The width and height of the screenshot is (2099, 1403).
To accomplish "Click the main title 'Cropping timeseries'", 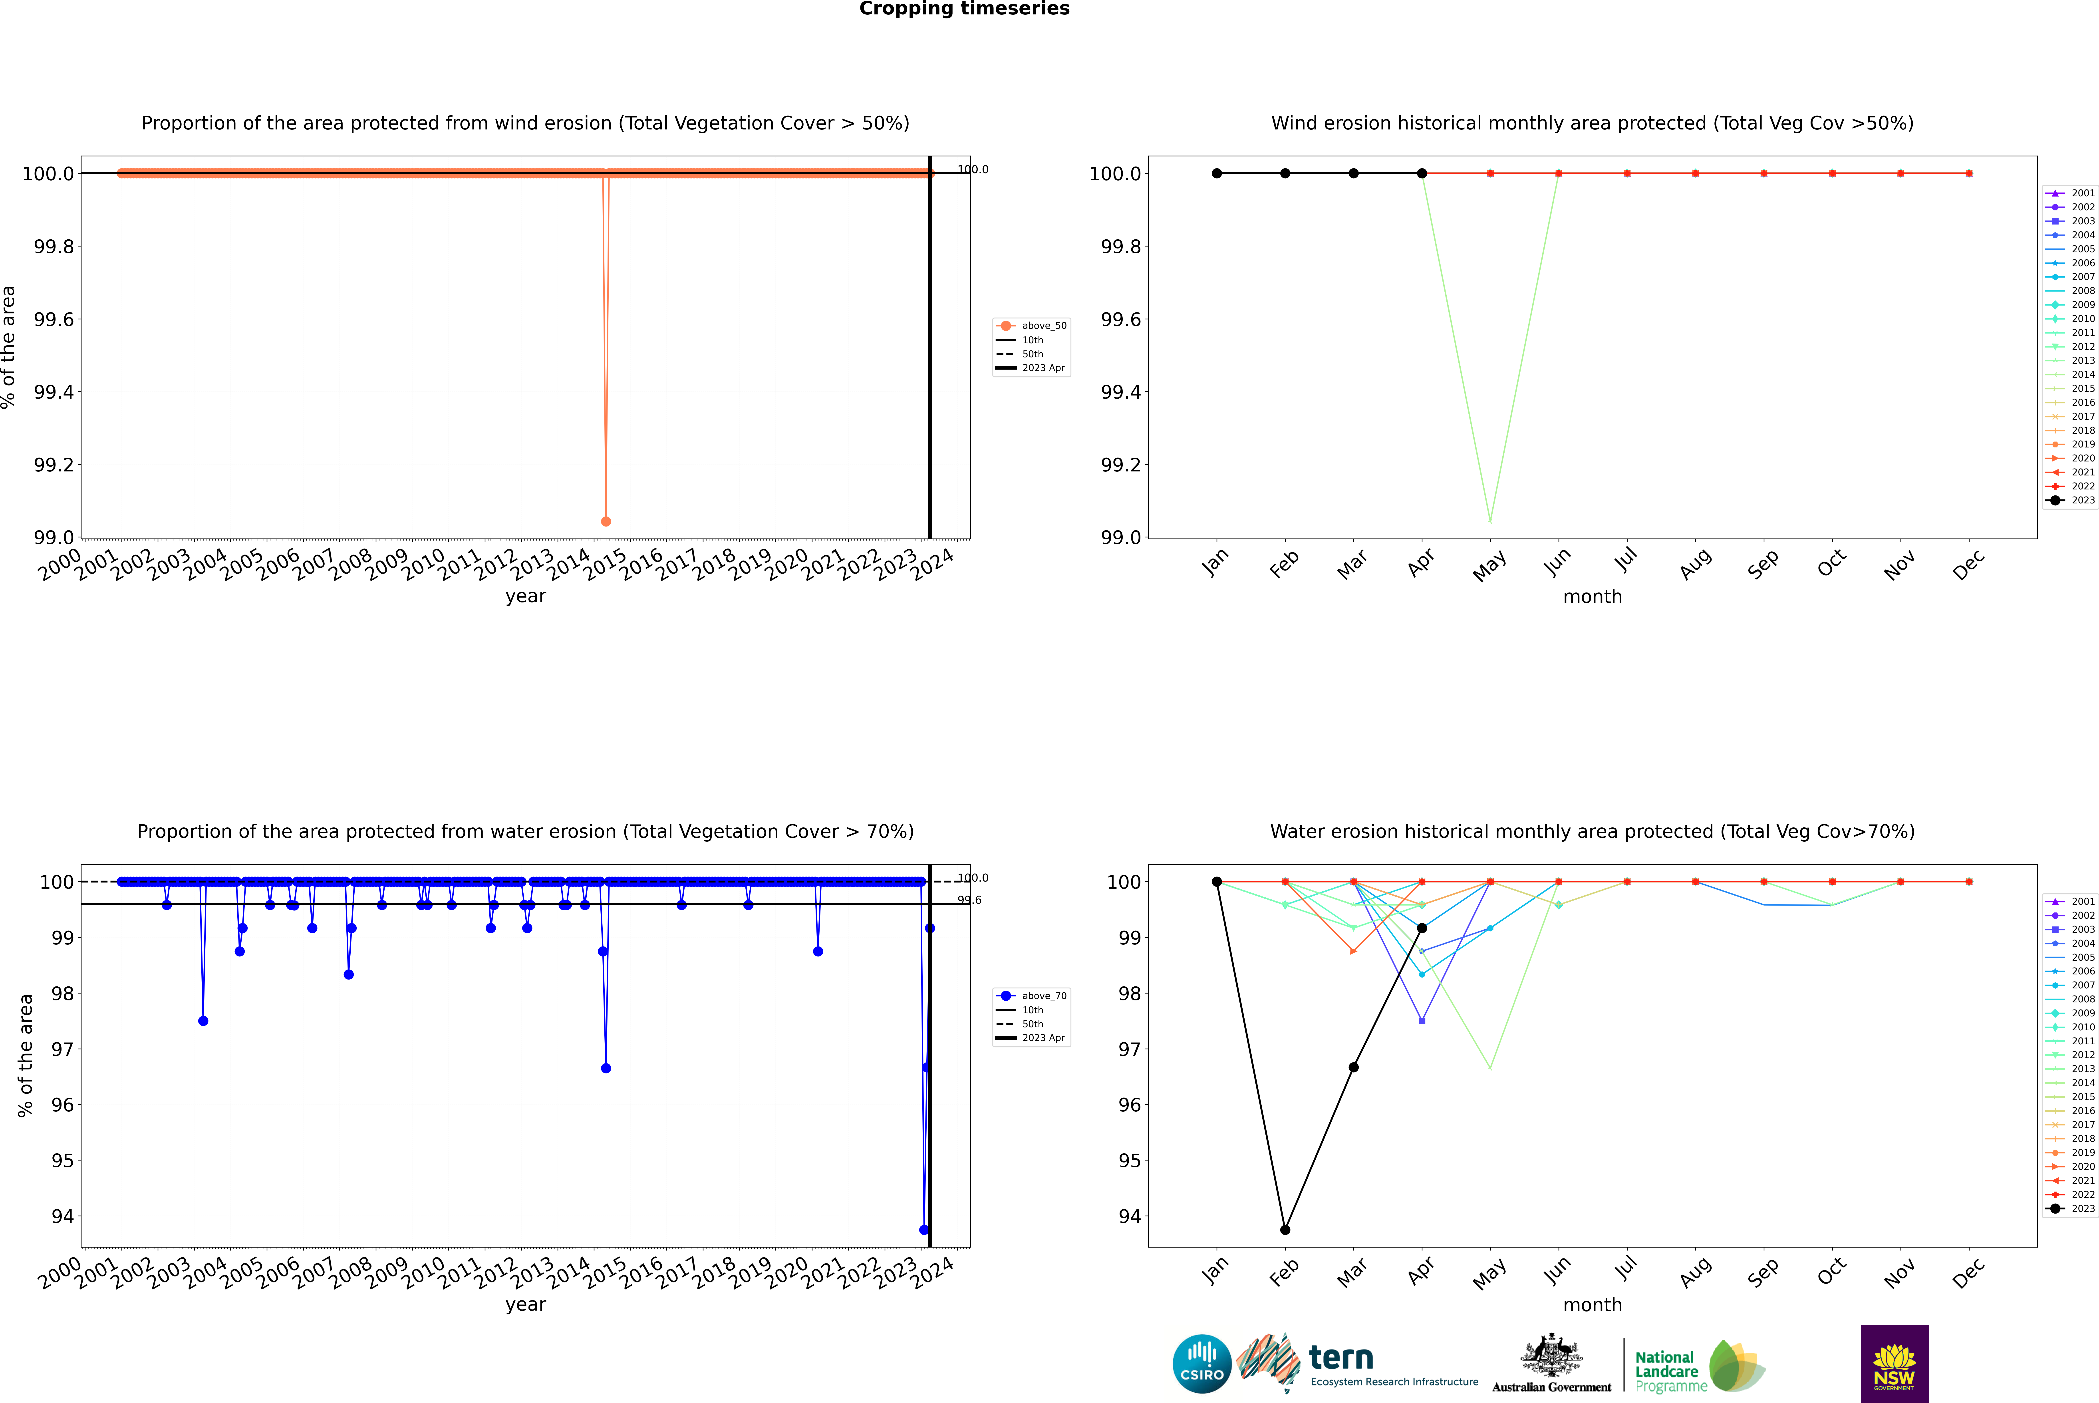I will coord(964,9).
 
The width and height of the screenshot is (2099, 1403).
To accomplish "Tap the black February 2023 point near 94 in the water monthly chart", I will coord(1285,1229).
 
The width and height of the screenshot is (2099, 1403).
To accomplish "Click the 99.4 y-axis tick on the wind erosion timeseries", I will coord(54,392).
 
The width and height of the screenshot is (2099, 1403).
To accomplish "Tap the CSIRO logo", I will coord(1202,1364).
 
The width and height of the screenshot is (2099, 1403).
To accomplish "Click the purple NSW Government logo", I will coord(1894,1364).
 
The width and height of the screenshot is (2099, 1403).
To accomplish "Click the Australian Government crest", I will coord(1551,1356).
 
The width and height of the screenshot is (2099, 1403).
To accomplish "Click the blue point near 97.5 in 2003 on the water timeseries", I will coord(203,1021).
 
